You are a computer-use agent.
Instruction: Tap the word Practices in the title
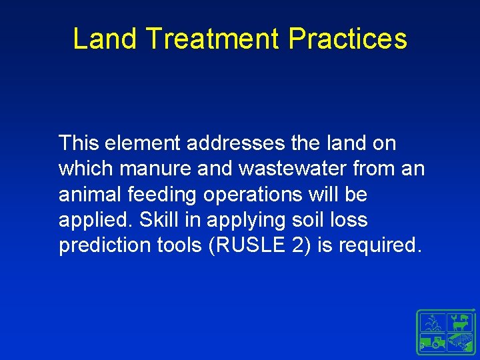pyautogui.click(x=348, y=39)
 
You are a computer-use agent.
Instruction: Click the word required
pyautogui.click(x=380, y=245)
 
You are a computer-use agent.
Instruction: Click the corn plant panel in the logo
pyautogui.click(x=431, y=323)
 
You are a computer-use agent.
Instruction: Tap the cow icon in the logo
pyautogui.click(x=460, y=325)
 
